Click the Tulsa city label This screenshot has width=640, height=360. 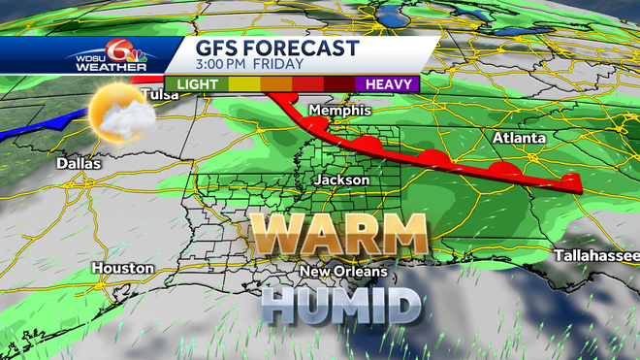click(x=161, y=94)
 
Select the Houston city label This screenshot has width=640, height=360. click(x=123, y=267)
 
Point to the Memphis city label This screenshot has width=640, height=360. click(x=335, y=111)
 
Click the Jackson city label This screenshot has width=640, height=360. click(x=342, y=180)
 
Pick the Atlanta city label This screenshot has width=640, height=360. click(x=519, y=138)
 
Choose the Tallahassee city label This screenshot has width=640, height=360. click(x=595, y=255)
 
